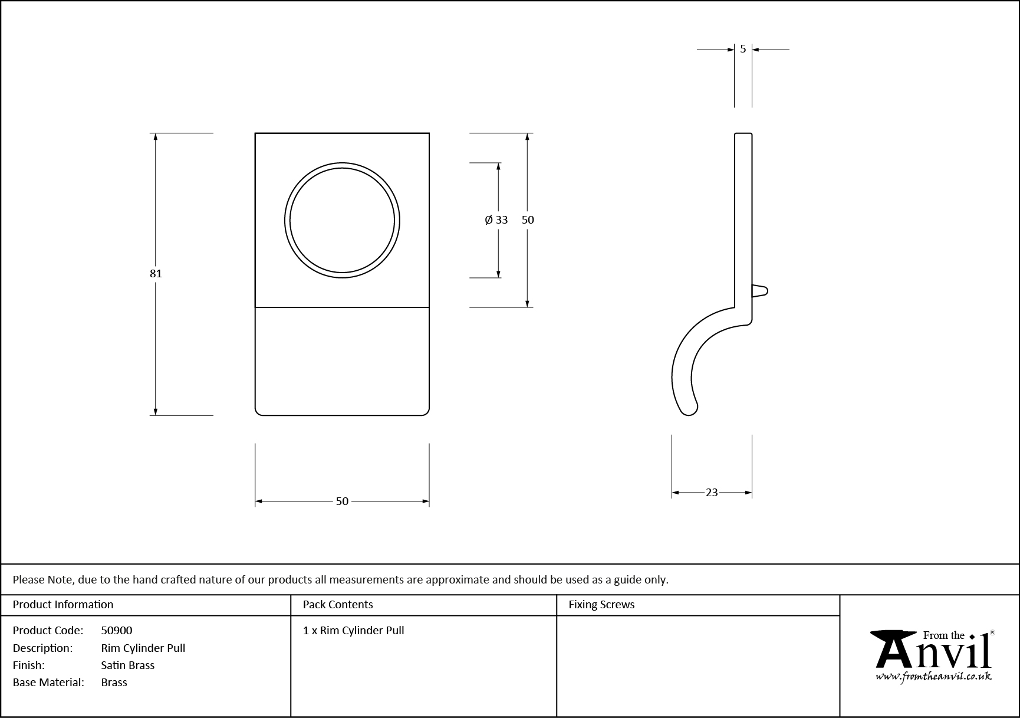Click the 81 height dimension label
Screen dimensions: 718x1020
tap(156, 273)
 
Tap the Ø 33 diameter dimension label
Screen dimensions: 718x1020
tap(496, 220)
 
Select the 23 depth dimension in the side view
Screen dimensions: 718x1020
tap(712, 492)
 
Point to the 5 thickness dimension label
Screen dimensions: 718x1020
tap(743, 49)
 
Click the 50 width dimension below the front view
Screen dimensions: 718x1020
tap(342, 501)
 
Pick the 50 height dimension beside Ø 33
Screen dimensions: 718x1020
tap(528, 220)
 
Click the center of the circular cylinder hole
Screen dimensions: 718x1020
tap(342, 221)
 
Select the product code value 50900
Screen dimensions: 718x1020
tap(117, 630)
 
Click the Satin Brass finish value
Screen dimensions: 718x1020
tap(128, 665)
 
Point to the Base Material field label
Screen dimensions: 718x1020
tap(48, 682)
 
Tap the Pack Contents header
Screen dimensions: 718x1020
tap(338, 604)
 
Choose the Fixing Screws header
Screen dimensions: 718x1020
tap(601, 604)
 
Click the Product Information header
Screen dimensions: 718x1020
tap(63, 604)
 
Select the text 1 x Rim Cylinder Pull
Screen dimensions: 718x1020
tap(354, 630)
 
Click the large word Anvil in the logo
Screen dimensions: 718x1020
tap(932, 654)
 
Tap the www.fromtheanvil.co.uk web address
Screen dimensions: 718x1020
tap(933, 677)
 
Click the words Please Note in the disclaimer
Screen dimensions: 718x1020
tap(43, 579)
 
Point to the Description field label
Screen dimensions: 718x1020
tap(42, 648)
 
